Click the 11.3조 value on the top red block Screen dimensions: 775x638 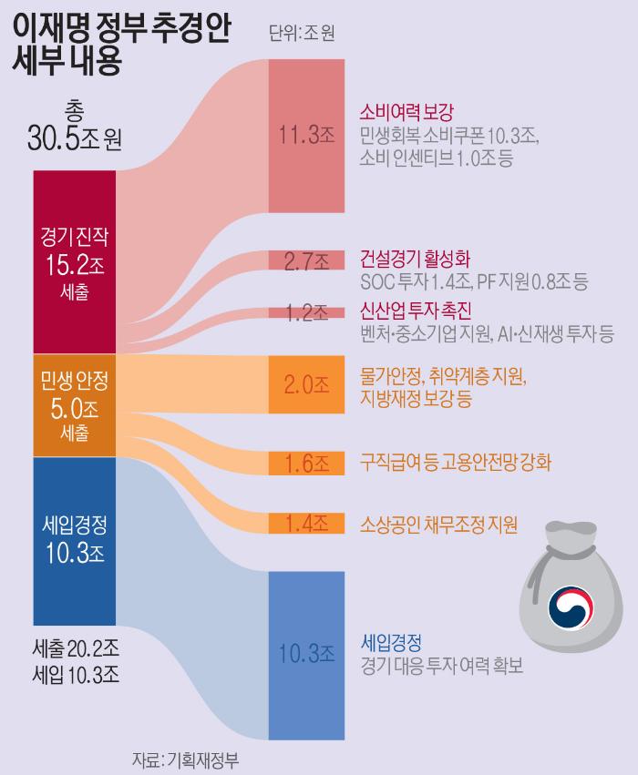(x=305, y=136)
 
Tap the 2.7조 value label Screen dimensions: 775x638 (x=305, y=262)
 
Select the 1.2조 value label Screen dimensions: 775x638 (x=305, y=312)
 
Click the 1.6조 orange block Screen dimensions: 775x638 (x=305, y=463)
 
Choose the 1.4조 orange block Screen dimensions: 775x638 (x=305, y=523)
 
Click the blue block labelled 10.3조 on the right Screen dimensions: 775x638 (x=305, y=654)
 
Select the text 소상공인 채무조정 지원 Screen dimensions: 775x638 (x=438, y=524)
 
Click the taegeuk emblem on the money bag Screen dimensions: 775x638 (x=570, y=606)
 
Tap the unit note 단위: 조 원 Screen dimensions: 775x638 (x=302, y=35)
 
